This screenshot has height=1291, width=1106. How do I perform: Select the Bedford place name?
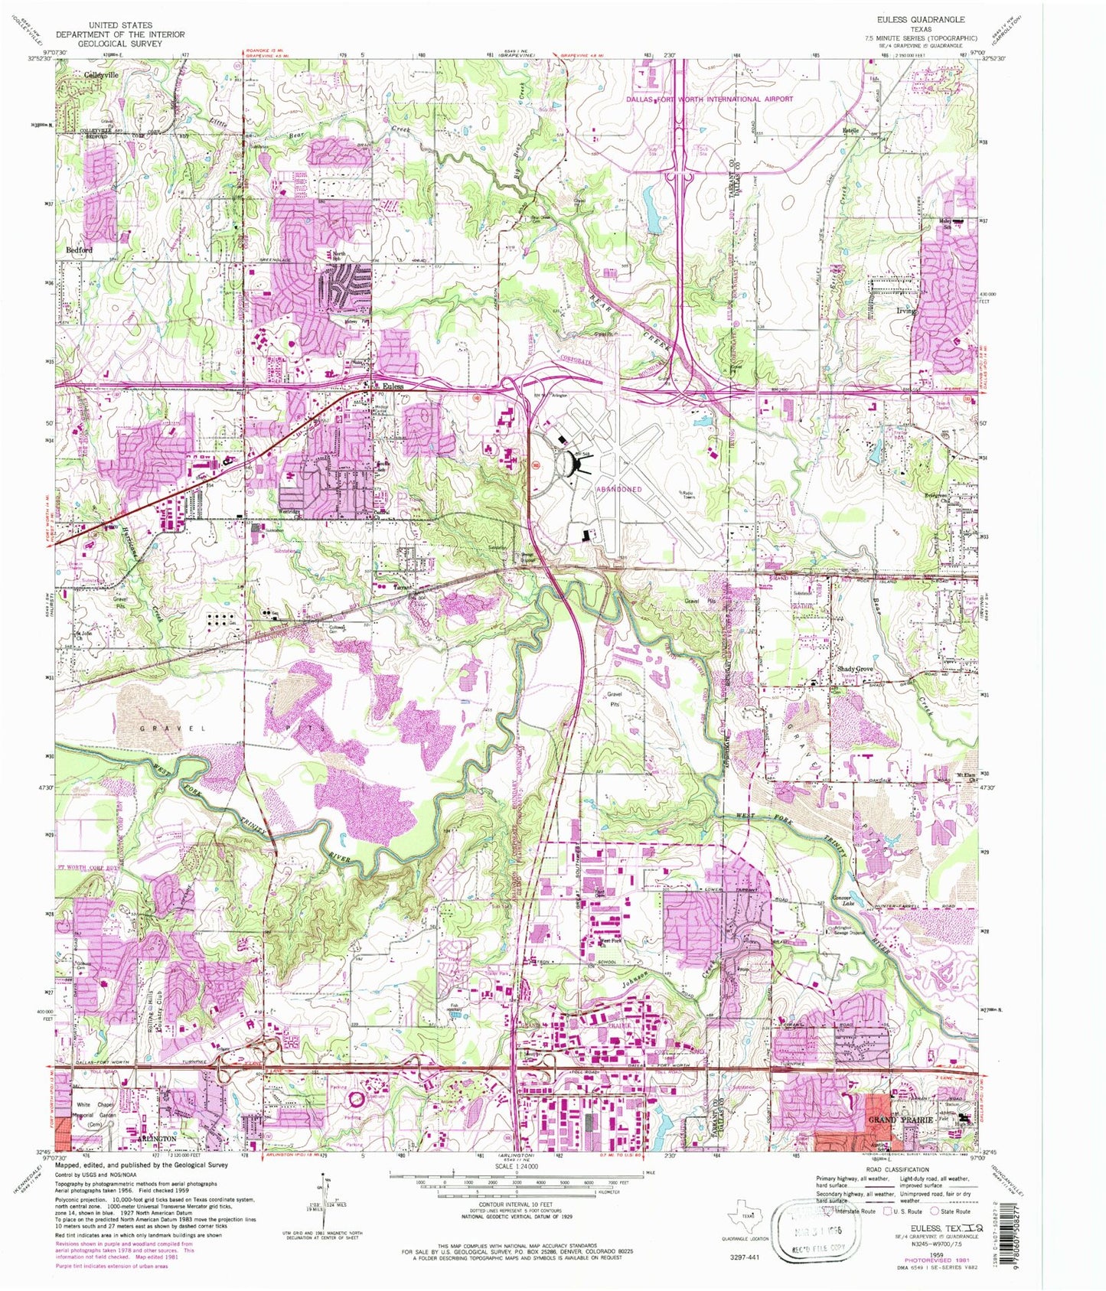[x=80, y=250]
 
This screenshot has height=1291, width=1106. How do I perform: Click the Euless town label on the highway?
[x=393, y=386]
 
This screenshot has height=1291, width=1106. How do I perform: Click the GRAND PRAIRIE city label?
[x=900, y=1119]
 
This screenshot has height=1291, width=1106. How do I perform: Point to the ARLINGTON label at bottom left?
[x=157, y=1138]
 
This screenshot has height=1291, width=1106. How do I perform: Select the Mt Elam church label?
[x=967, y=778]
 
